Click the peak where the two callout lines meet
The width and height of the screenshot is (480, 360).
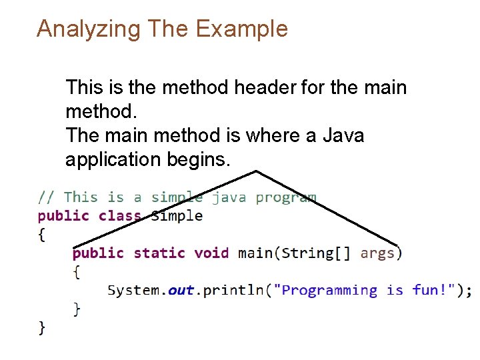click(257, 171)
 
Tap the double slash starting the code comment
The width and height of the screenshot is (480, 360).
click(46, 197)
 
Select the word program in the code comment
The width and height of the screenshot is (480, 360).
click(286, 198)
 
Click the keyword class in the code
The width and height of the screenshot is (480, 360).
click(120, 215)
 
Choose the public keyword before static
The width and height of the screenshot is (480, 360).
click(98, 253)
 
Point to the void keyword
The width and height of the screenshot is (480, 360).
click(211, 253)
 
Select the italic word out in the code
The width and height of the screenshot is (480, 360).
click(181, 291)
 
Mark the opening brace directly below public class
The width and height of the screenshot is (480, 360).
click(41, 234)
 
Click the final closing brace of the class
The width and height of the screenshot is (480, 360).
click(41, 327)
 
